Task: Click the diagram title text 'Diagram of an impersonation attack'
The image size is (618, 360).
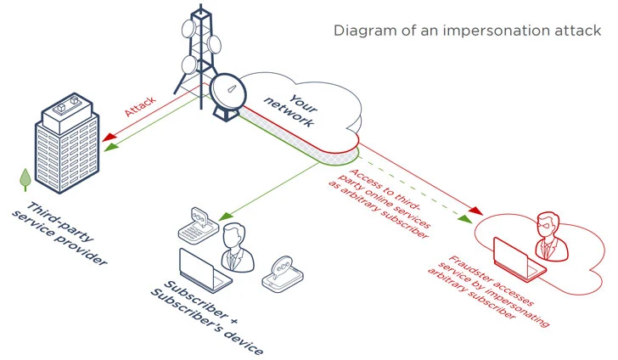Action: (x=467, y=31)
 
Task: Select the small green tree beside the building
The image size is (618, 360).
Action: (x=26, y=178)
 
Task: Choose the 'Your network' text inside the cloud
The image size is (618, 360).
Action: (x=289, y=109)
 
